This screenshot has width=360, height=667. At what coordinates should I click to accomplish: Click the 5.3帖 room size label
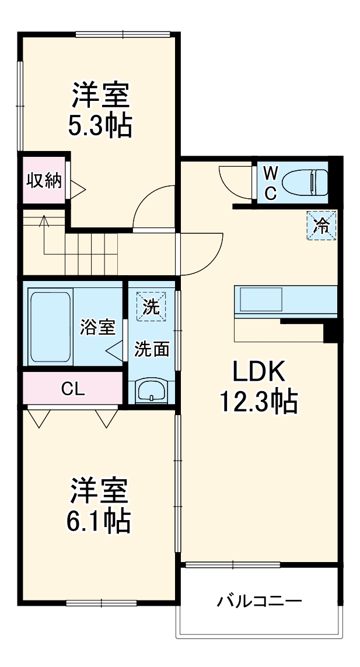point(100,127)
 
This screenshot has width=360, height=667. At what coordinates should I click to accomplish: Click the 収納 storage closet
point(44,181)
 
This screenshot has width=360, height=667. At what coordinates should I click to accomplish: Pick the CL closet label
point(73,389)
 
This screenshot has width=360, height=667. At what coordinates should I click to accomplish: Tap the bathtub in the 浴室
point(50,327)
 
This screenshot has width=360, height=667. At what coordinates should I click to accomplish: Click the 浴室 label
point(97,327)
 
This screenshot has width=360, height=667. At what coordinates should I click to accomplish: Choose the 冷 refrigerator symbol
point(321,224)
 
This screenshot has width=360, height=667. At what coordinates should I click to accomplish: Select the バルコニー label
point(260,601)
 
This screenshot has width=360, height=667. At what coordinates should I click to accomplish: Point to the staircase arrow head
point(43,220)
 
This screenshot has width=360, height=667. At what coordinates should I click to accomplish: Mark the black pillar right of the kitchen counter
point(331,331)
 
